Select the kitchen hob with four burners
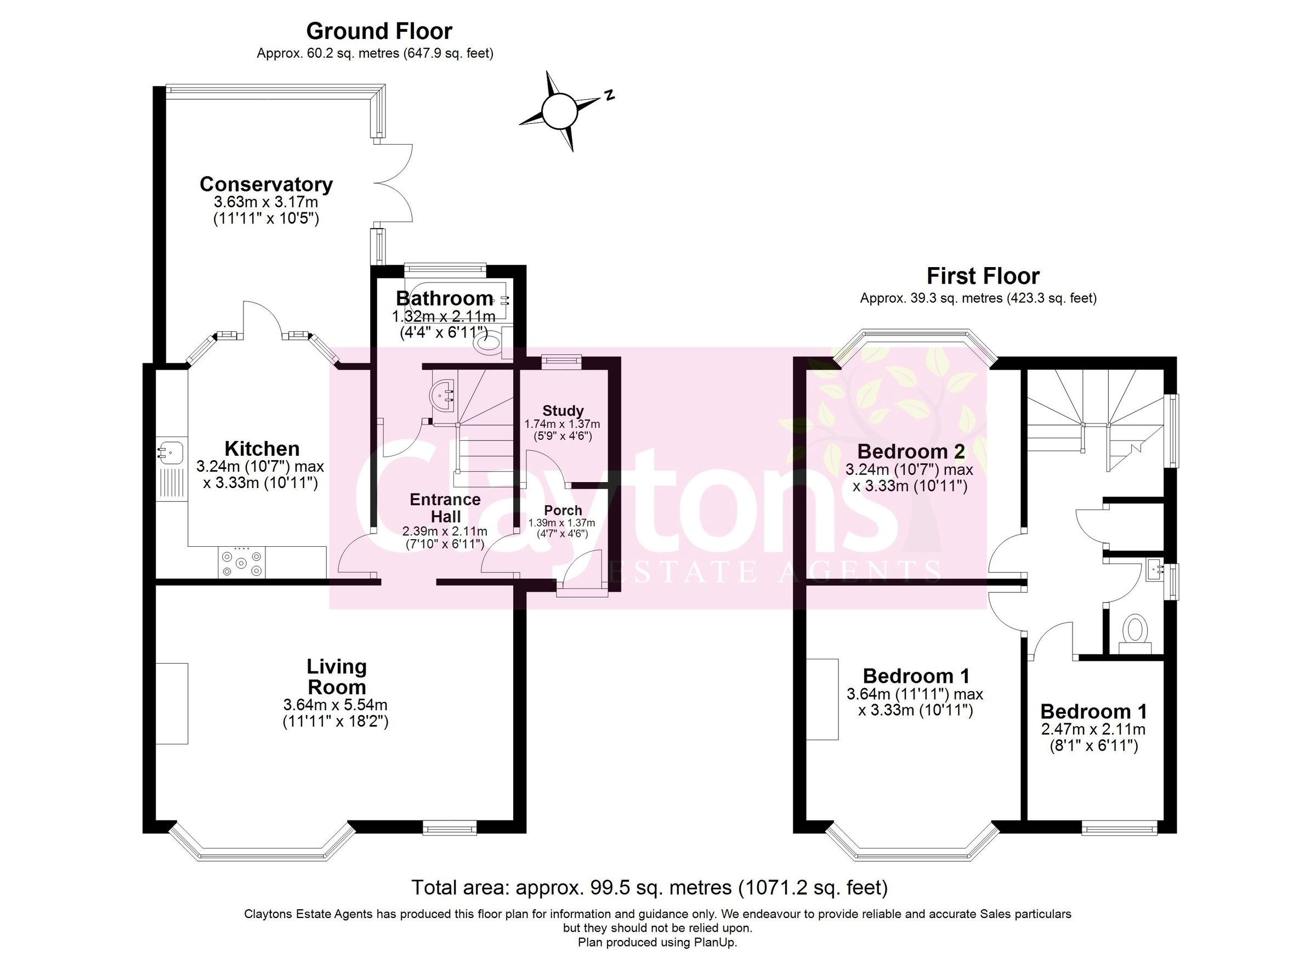click(x=242, y=562)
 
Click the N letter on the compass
click(x=609, y=95)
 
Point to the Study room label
click(x=562, y=411)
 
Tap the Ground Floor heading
click(x=379, y=31)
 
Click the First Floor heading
click(x=983, y=276)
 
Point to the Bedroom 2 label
click(x=910, y=451)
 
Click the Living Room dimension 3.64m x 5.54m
click(x=336, y=705)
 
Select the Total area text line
click(x=649, y=887)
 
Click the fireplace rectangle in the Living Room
click(x=172, y=703)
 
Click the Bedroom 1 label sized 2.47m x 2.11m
click(x=1093, y=711)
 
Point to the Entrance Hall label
click(x=445, y=508)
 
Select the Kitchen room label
click(x=262, y=449)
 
